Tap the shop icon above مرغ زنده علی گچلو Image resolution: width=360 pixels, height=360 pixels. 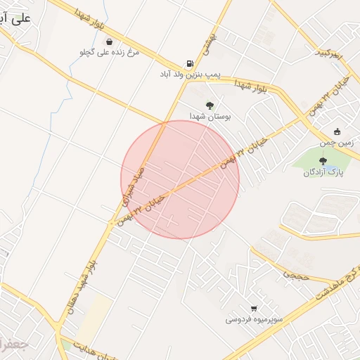pyautogui.click(x=109, y=41)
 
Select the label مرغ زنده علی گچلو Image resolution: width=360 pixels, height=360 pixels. pyautogui.click(x=109, y=52)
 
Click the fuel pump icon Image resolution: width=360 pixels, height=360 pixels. pyautogui.click(x=189, y=62)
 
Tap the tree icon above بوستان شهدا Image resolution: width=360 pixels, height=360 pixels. pyautogui.click(x=210, y=105)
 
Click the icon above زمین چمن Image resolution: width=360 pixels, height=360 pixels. pyautogui.click(x=337, y=131)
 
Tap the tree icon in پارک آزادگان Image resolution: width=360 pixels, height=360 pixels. pyautogui.click(x=323, y=161)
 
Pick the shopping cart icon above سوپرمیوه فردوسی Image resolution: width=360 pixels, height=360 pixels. pyautogui.click(x=254, y=308)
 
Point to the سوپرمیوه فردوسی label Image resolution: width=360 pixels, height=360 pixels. pyautogui.click(x=254, y=319)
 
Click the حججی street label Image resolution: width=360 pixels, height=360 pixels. pyautogui.click(x=295, y=276)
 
